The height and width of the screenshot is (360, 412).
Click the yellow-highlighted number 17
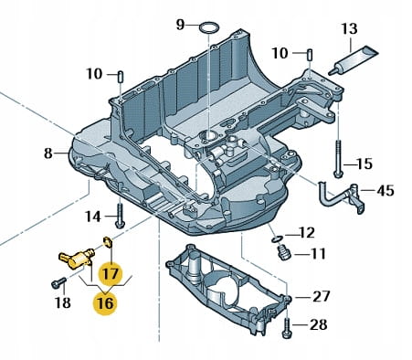pyautogui.click(x=110, y=273)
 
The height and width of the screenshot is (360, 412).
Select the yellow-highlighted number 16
pyautogui.click(x=105, y=302)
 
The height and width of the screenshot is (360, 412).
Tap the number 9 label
pyautogui.click(x=181, y=25)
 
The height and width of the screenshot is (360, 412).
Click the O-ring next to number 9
pyautogui.click(x=209, y=27)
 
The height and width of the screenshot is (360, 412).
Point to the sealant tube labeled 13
pyautogui.click(x=354, y=60)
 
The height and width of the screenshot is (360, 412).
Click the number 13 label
pyautogui.click(x=349, y=29)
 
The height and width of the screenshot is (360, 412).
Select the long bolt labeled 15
pyautogui.click(x=338, y=158)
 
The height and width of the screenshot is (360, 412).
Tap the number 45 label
pyautogui.click(x=386, y=191)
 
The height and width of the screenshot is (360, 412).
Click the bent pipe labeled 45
pyautogui.click(x=341, y=198)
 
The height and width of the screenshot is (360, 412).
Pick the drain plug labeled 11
pyautogui.click(x=284, y=252)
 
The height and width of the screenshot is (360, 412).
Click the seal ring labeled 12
pyautogui.click(x=277, y=239)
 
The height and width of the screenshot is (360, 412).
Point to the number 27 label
pyautogui.click(x=322, y=296)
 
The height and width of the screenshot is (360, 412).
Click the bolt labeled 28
pyautogui.click(x=287, y=327)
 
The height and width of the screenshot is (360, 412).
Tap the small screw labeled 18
pyautogui.click(x=58, y=282)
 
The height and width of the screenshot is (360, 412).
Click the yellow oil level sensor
pyautogui.click(x=77, y=259)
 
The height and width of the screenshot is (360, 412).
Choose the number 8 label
pyautogui.click(x=48, y=154)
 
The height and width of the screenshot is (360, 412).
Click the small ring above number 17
pyautogui.click(x=108, y=241)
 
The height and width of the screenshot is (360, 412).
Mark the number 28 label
pyautogui.click(x=319, y=324)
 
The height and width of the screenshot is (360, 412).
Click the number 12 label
pyautogui.click(x=306, y=233)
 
